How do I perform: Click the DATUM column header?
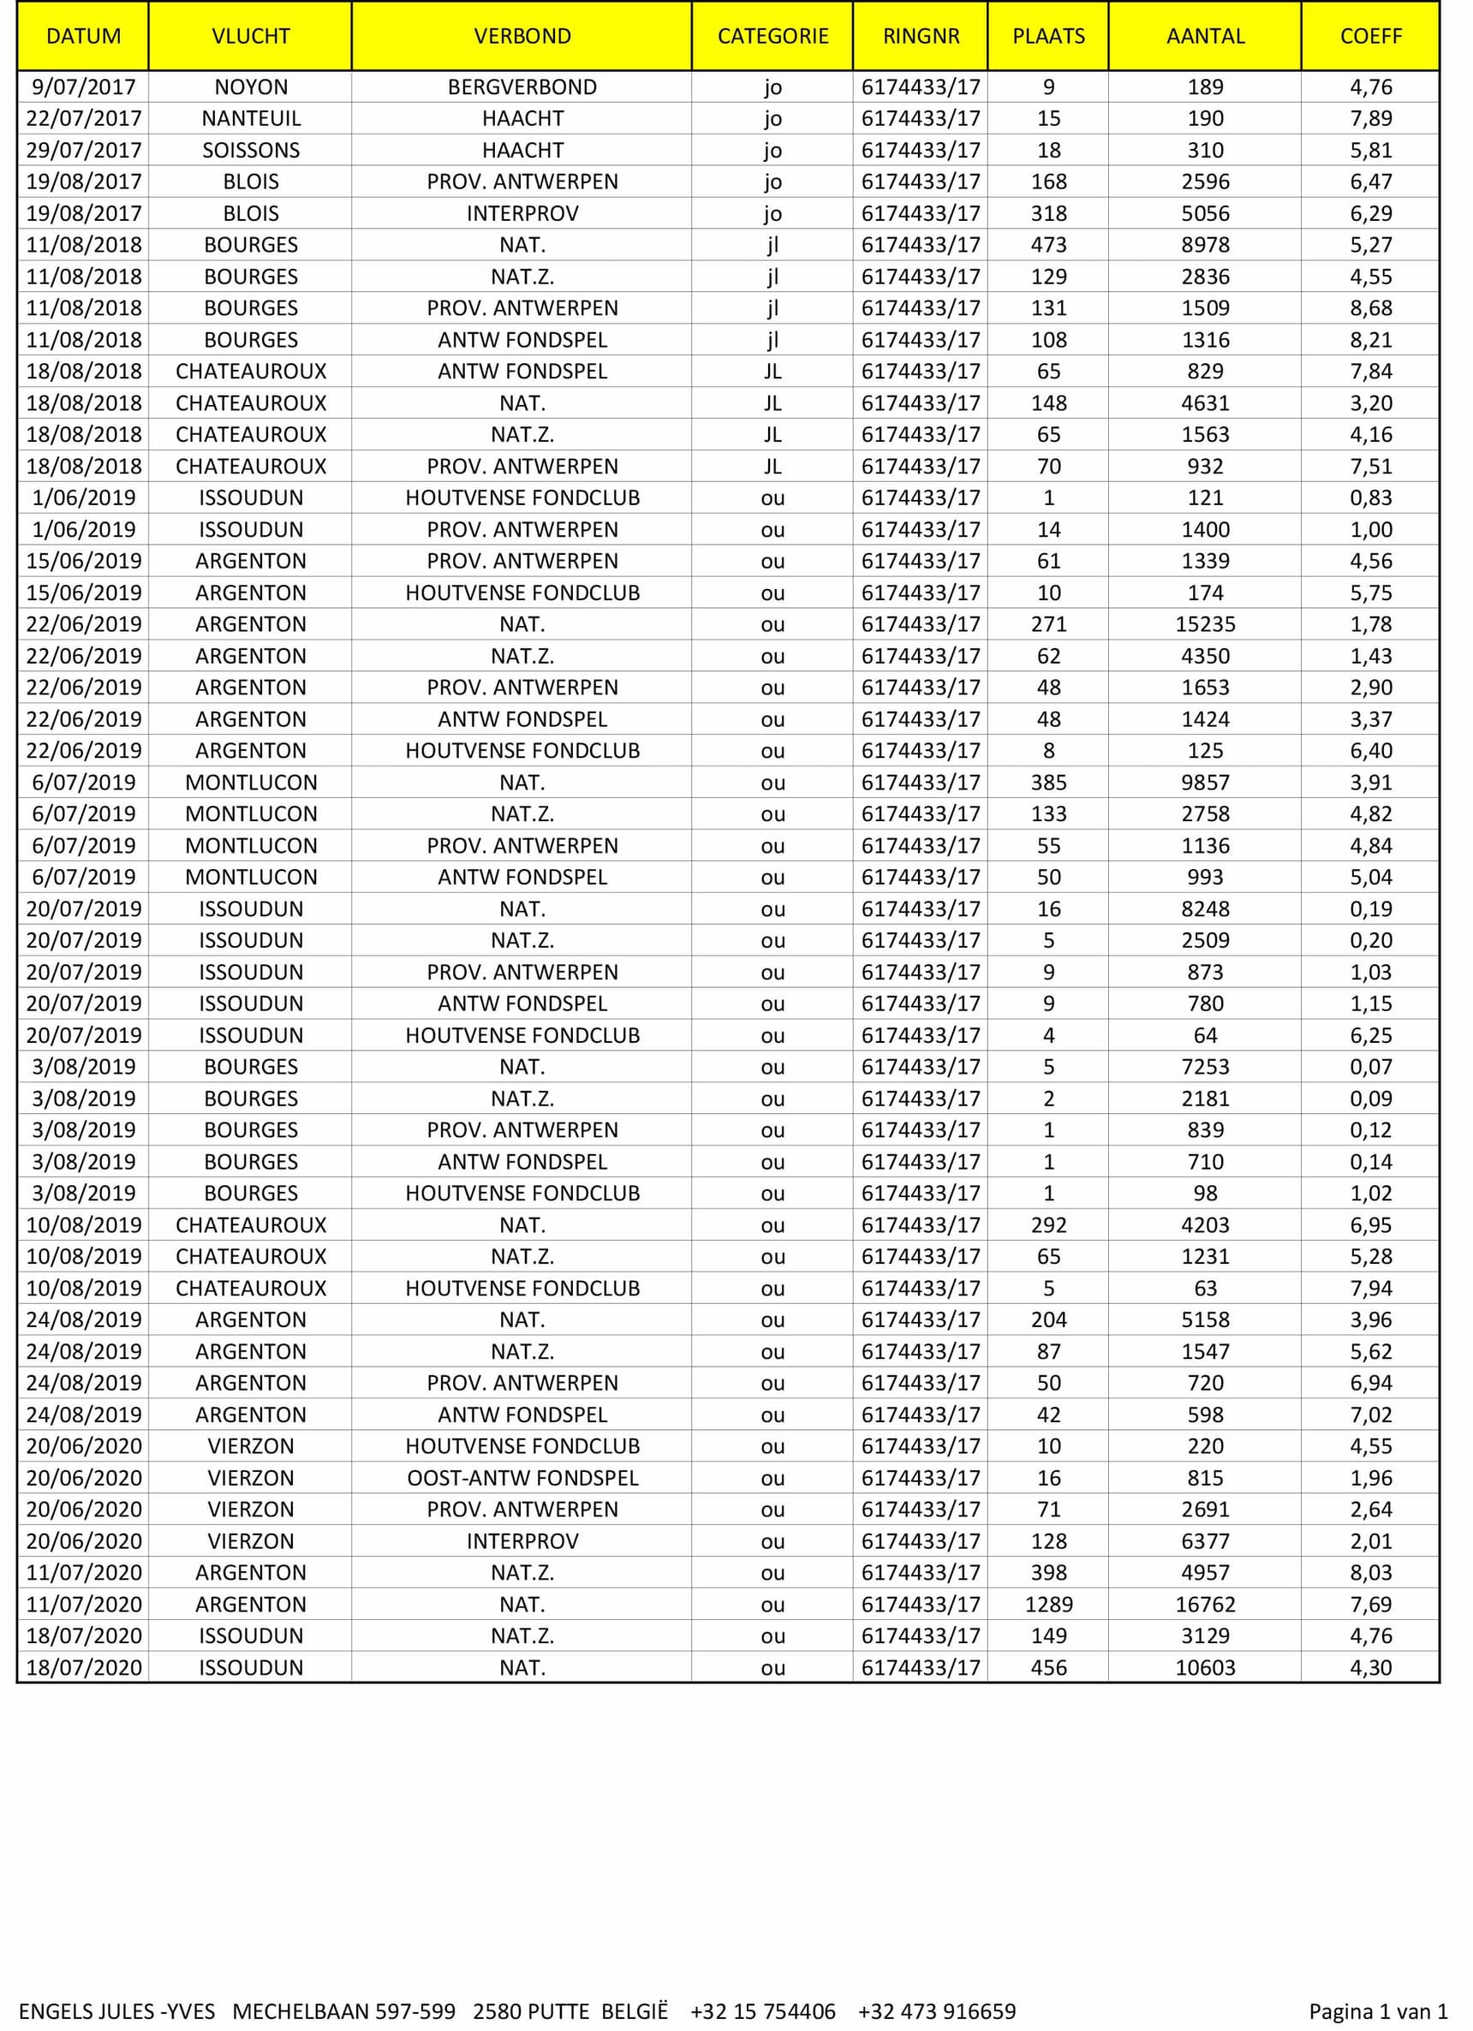click(x=83, y=36)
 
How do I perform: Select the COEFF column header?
click(x=1370, y=36)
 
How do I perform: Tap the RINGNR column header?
click(x=921, y=36)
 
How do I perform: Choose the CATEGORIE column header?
click(x=772, y=36)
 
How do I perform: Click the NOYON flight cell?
click(x=251, y=86)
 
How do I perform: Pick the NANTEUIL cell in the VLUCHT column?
click(x=251, y=118)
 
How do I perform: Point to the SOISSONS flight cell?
click(x=251, y=150)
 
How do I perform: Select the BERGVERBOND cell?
click(x=522, y=86)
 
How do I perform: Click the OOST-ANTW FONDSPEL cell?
click(x=522, y=1478)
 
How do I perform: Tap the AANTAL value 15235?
click(x=1205, y=624)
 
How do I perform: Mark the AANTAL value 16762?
click(x=1205, y=1604)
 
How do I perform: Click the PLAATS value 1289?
click(x=1048, y=1604)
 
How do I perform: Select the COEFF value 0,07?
click(x=1371, y=1067)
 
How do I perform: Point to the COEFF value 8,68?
click(x=1371, y=308)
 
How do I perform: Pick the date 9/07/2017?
click(x=83, y=86)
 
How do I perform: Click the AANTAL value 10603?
click(x=1205, y=1667)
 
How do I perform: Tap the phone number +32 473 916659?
click(x=937, y=2011)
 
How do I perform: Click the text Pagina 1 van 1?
click(x=1378, y=2011)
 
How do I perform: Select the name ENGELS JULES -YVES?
click(x=116, y=2011)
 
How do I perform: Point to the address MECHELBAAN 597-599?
click(x=344, y=2011)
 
